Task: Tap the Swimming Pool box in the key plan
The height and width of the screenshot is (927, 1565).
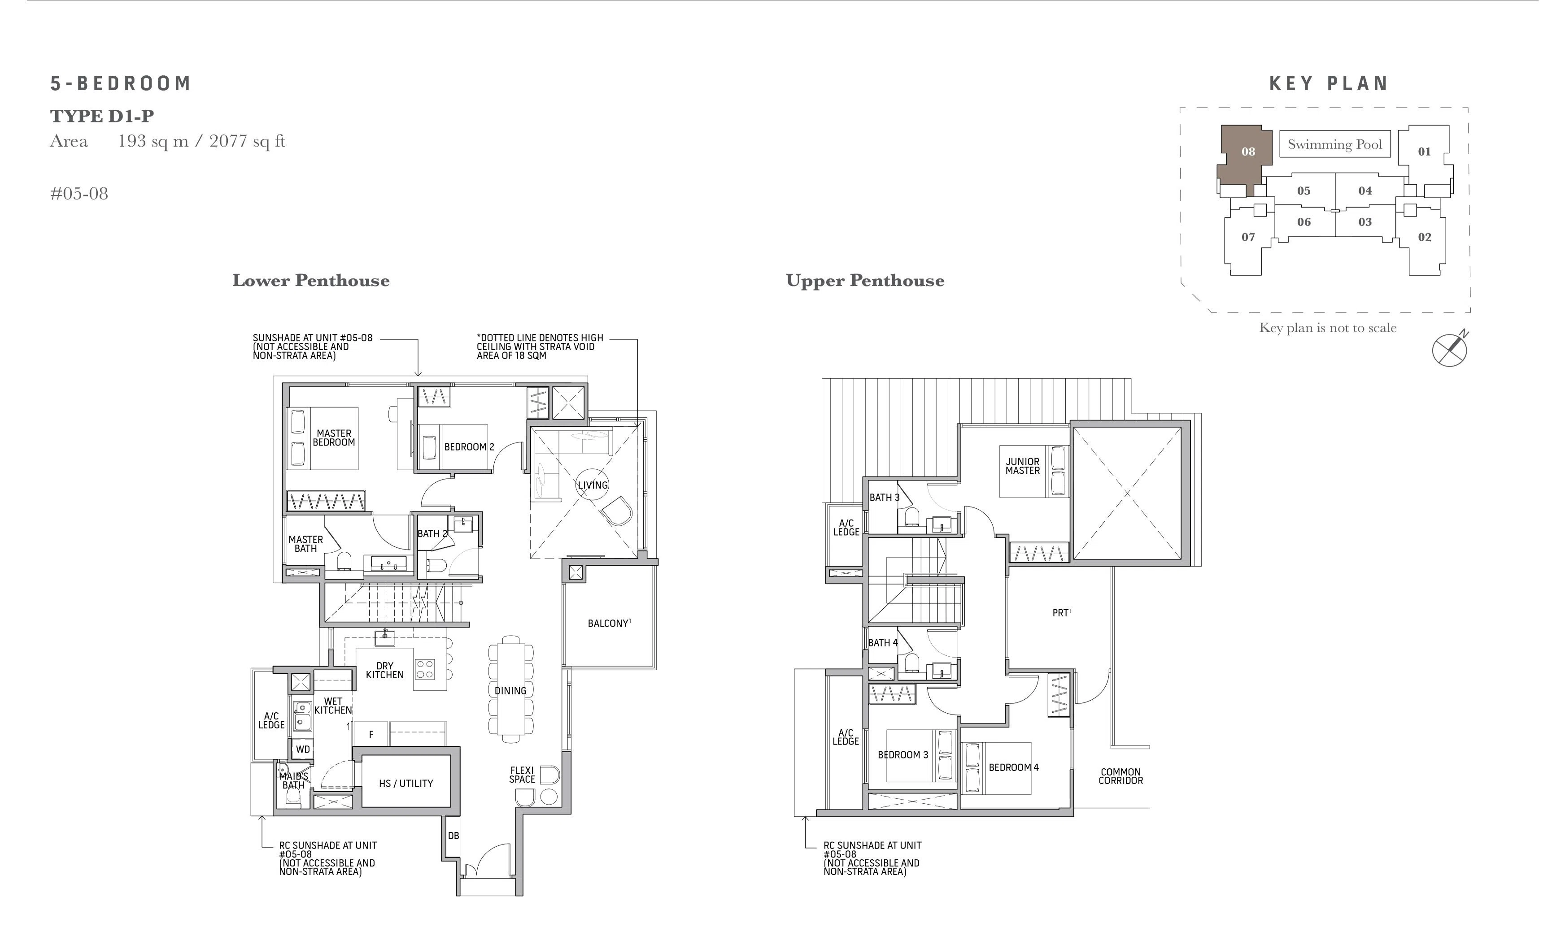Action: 1335,144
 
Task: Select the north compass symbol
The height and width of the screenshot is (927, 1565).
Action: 1450,349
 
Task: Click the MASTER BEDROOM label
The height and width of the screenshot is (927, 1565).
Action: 334,438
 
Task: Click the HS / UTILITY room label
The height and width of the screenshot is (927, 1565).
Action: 405,783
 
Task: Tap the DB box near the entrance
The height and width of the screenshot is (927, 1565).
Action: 453,836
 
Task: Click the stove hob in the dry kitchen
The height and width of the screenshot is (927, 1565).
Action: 425,670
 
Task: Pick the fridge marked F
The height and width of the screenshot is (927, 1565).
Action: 371,734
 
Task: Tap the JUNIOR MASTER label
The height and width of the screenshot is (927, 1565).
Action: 1023,466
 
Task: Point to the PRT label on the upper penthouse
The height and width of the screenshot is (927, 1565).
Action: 1061,613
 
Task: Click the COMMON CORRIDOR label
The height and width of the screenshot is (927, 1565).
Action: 1120,776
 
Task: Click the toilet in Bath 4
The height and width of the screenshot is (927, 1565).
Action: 912,662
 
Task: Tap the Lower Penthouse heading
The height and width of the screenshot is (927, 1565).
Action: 311,281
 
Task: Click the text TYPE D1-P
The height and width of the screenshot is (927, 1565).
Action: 102,116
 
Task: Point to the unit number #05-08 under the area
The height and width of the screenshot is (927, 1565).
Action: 79,194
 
